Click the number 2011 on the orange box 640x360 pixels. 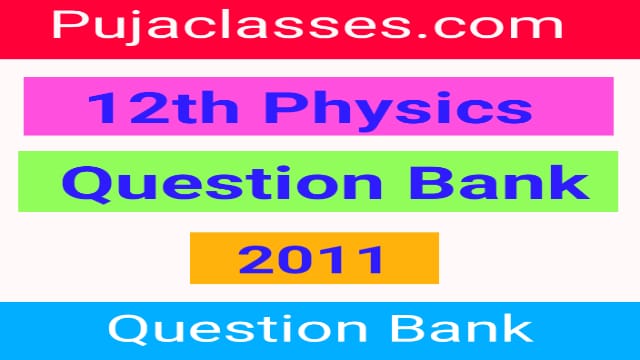coord(313,259)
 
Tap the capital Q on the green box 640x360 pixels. coord(84,184)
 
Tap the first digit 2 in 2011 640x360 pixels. coord(255,259)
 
